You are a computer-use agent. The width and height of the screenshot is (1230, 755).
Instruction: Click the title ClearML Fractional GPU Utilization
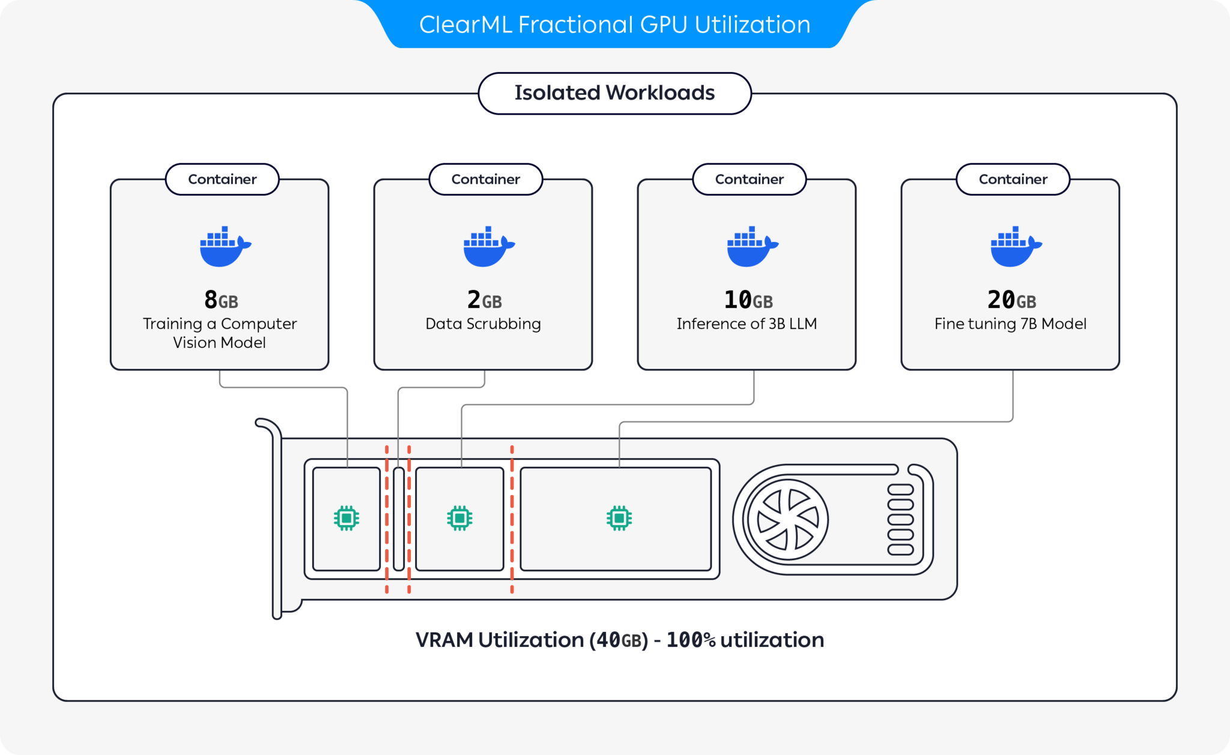pyautogui.click(x=614, y=25)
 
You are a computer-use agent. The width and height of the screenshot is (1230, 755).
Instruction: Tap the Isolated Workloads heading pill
pyautogui.click(x=614, y=93)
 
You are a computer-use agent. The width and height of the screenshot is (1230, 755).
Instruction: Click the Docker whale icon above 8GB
pyautogui.click(x=224, y=247)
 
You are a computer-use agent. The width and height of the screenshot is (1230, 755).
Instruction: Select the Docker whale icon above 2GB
pyautogui.click(x=488, y=247)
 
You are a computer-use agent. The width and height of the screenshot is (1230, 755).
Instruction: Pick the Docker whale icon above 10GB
pyautogui.click(x=751, y=247)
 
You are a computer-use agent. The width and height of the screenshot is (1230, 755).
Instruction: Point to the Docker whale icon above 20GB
pyautogui.click(x=1015, y=247)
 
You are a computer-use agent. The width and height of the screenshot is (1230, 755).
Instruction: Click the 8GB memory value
pyautogui.click(x=220, y=300)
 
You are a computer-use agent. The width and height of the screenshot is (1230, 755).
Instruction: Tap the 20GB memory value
pyautogui.click(x=1011, y=300)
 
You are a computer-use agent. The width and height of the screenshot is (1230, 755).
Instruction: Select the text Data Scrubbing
pyautogui.click(x=483, y=324)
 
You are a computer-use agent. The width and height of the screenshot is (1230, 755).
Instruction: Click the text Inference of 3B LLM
pyautogui.click(x=747, y=324)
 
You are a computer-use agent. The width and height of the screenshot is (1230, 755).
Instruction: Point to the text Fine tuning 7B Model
pyautogui.click(x=1010, y=324)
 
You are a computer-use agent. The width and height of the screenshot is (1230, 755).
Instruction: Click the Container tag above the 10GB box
pyautogui.click(x=749, y=179)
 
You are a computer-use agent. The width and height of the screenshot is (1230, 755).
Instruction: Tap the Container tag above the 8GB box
pyautogui.click(x=222, y=179)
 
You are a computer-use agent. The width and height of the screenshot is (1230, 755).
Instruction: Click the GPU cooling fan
pyautogui.click(x=787, y=520)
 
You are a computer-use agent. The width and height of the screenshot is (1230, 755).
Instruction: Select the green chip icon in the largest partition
pyautogui.click(x=619, y=518)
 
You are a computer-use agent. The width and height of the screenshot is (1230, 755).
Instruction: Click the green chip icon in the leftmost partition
pyautogui.click(x=347, y=518)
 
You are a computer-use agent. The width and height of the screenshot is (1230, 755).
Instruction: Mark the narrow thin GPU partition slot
pyautogui.click(x=399, y=519)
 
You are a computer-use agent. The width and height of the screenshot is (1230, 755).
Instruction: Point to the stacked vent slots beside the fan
pyautogui.click(x=900, y=520)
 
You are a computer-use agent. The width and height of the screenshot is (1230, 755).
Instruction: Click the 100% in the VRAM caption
pyautogui.click(x=691, y=640)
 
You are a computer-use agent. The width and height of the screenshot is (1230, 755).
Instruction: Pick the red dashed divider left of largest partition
pyautogui.click(x=512, y=520)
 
